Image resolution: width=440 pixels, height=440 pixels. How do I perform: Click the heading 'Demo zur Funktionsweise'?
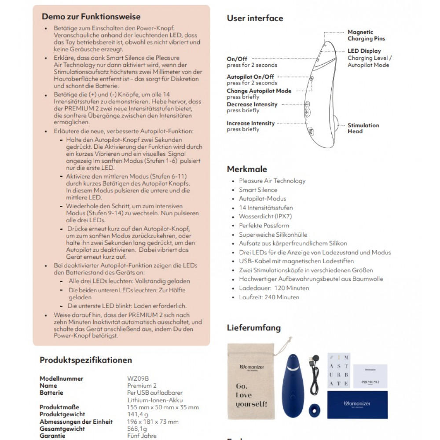point(91,17)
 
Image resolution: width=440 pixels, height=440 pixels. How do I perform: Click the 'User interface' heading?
point(255,18)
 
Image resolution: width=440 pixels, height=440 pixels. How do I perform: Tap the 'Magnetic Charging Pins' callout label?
point(366,35)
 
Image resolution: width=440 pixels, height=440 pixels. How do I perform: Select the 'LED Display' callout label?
point(364,51)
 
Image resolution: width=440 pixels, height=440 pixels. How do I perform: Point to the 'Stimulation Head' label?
point(363,128)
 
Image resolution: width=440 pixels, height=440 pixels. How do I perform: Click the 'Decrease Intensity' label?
point(252,104)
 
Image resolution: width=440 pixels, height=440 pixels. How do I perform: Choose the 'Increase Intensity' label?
point(250,123)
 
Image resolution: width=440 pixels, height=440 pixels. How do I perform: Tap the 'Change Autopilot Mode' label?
point(259,91)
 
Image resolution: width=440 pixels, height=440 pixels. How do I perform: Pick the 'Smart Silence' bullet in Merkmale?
point(258,190)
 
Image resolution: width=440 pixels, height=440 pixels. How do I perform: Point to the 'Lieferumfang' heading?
point(253,327)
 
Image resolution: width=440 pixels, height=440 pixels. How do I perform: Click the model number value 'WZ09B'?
point(138,378)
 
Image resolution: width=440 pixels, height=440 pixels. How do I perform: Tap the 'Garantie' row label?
point(52,436)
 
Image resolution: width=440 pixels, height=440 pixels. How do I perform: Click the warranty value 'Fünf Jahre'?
point(141,436)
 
